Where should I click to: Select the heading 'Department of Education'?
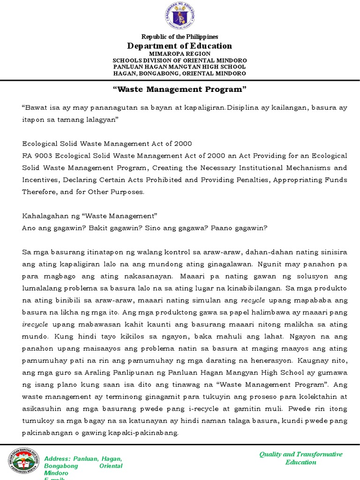pos(180,46)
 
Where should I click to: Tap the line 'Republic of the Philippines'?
pos(180,37)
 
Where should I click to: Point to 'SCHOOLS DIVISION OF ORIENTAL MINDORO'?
pos(180,61)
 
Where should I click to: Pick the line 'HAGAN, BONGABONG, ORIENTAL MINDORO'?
pos(180,74)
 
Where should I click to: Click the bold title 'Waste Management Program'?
pos(180,89)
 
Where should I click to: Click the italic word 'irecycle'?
pos(35,324)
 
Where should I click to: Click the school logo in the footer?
pos(22,462)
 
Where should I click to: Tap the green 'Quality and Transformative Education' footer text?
pos(301,458)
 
